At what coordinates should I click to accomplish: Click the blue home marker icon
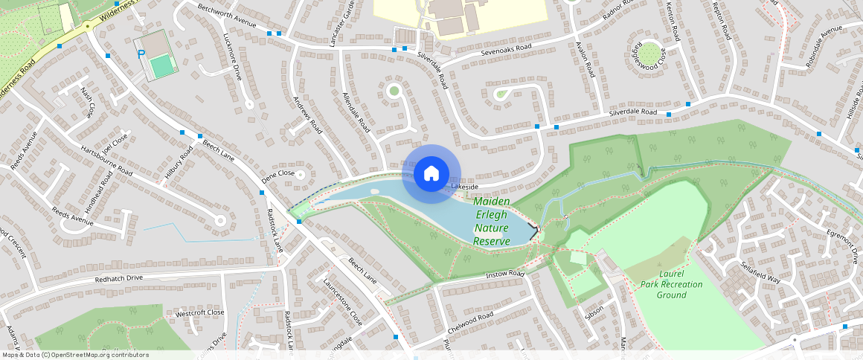[431, 173]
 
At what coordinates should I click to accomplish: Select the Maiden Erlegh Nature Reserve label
[492, 222]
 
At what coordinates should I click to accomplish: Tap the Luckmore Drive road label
[233, 57]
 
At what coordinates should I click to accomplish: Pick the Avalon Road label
[586, 60]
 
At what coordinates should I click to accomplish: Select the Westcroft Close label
[199, 313]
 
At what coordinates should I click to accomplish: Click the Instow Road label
[505, 274]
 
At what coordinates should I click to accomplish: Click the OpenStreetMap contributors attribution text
[74, 355]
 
